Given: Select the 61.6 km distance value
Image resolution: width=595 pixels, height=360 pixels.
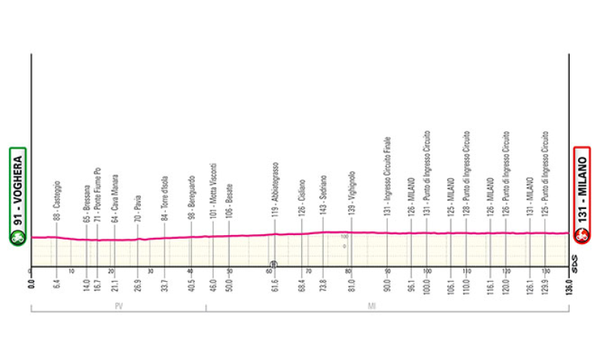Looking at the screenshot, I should click(274, 285).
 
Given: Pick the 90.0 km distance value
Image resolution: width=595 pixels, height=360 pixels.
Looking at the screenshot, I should click(387, 285).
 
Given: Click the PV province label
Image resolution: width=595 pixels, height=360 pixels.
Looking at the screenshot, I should click(119, 306).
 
